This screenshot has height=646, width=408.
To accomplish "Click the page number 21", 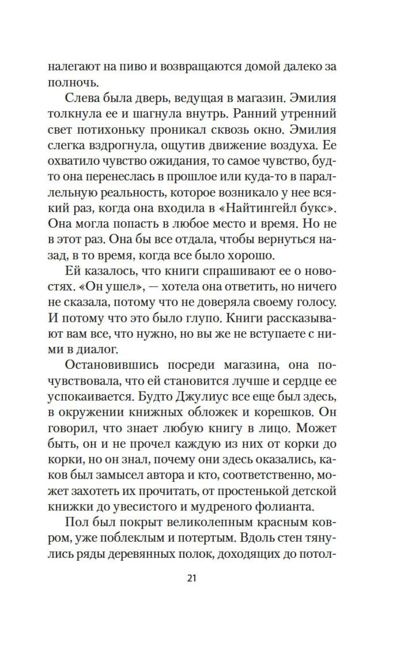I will [x=192, y=578].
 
